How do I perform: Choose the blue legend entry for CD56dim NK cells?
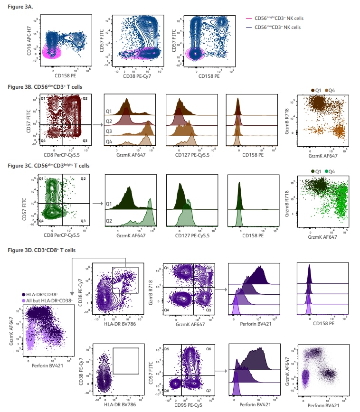pos(277,27)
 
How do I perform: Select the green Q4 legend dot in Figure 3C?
pos(325,171)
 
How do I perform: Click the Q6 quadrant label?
pos(208,349)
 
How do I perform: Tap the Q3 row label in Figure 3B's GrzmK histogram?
pos(108,131)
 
